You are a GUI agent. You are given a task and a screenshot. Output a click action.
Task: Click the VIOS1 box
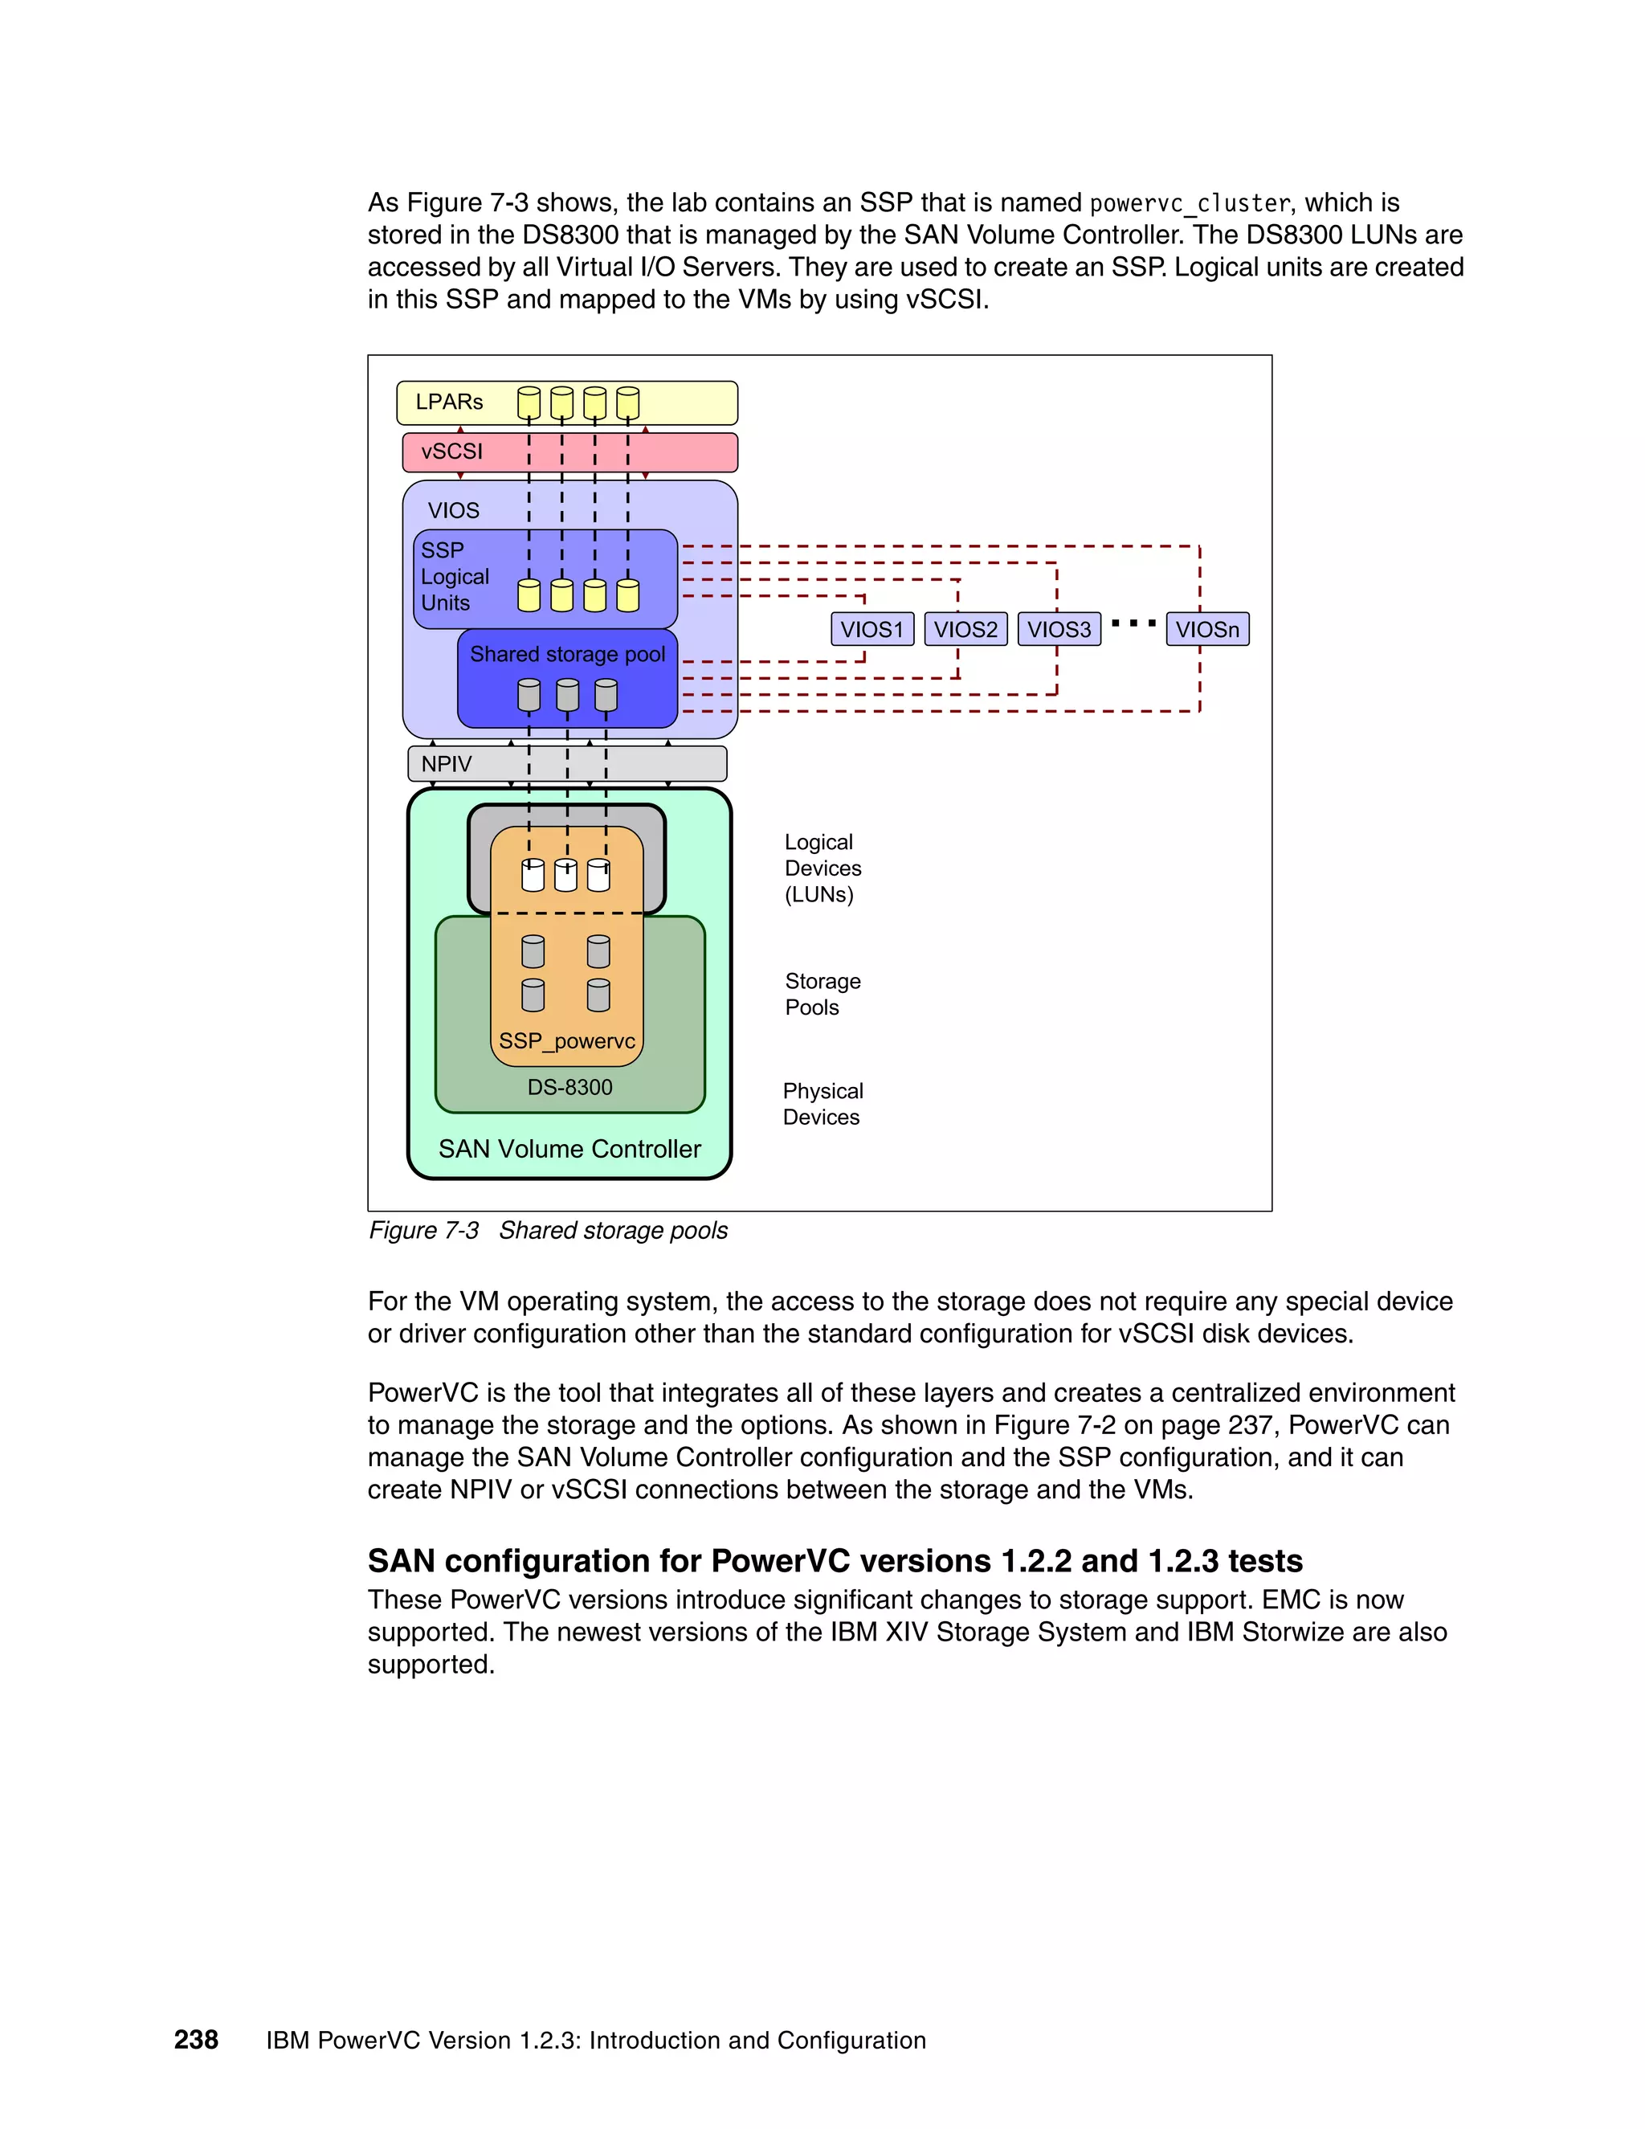pyautogui.click(x=872, y=629)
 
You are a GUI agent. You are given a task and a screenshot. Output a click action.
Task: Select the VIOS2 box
pyautogui.click(x=965, y=629)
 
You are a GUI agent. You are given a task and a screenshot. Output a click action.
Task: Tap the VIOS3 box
pyautogui.click(x=1059, y=629)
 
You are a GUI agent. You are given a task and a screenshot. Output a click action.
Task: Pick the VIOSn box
pyautogui.click(x=1207, y=629)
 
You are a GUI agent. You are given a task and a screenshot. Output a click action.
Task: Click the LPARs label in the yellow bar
pyautogui.click(x=449, y=402)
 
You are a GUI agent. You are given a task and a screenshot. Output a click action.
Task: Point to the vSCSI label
pyautogui.click(x=451, y=452)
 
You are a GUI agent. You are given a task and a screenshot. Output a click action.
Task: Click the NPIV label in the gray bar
pyautogui.click(x=447, y=764)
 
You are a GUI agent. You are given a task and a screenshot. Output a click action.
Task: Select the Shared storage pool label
pyautogui.click(x=567, y=654)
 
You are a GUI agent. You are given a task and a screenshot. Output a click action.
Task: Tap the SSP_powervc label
pyautogui.click(x=566, y=1041)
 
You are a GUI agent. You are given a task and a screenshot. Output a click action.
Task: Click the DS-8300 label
pyautogui.click(x=570, y=1087)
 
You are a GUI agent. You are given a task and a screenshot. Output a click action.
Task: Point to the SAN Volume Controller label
pyautogui.click(x=569, y=1150)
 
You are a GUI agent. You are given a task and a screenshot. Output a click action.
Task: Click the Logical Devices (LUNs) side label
pyautogui.click(x=822, y=868)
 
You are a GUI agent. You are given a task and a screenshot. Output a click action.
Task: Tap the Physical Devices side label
pyautogui.click(x=822, y=1104)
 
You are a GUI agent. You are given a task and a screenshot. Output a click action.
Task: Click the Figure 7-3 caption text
pyautogui.click(x=548, y=1230)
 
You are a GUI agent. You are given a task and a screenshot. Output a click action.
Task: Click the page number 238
pyautogui.click(x=196, y=2039)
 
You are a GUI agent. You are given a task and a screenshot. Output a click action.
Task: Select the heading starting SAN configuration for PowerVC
pyautogui.click(x=835, y=1561)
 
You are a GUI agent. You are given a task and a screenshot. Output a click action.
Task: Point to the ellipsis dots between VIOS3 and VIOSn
pyautogui.click(x=1133, y=623)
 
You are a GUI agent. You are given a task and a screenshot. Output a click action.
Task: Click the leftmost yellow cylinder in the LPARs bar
pyautogui.click(x=529, y=403)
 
